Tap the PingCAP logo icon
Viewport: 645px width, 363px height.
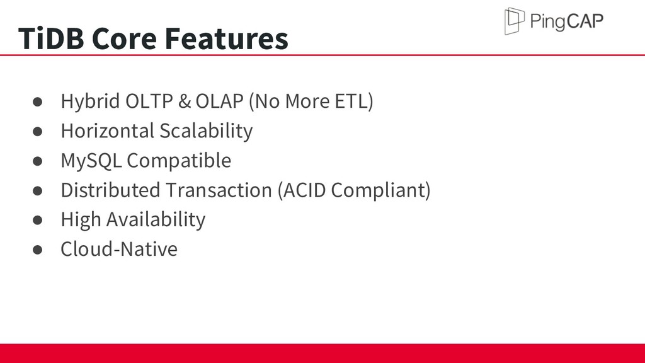click(515, 21)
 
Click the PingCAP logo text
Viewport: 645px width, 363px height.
click(567, 21)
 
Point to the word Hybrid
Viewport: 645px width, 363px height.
click(90, 101)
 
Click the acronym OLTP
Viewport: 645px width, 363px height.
click(149, 101)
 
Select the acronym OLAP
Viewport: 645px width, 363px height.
click(219, 101)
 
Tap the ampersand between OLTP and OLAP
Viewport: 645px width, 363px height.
click(185, 101)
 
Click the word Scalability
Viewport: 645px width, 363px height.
click(206, 131)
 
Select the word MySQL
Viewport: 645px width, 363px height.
click(91, 161)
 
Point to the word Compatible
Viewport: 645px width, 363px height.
click(179, 161)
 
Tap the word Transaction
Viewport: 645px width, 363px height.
click(219, 190)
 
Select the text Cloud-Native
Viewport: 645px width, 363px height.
click(119, 249)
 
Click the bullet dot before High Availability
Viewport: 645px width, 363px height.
click(37, 220)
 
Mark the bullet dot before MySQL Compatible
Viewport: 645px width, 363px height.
click(37, 161)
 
